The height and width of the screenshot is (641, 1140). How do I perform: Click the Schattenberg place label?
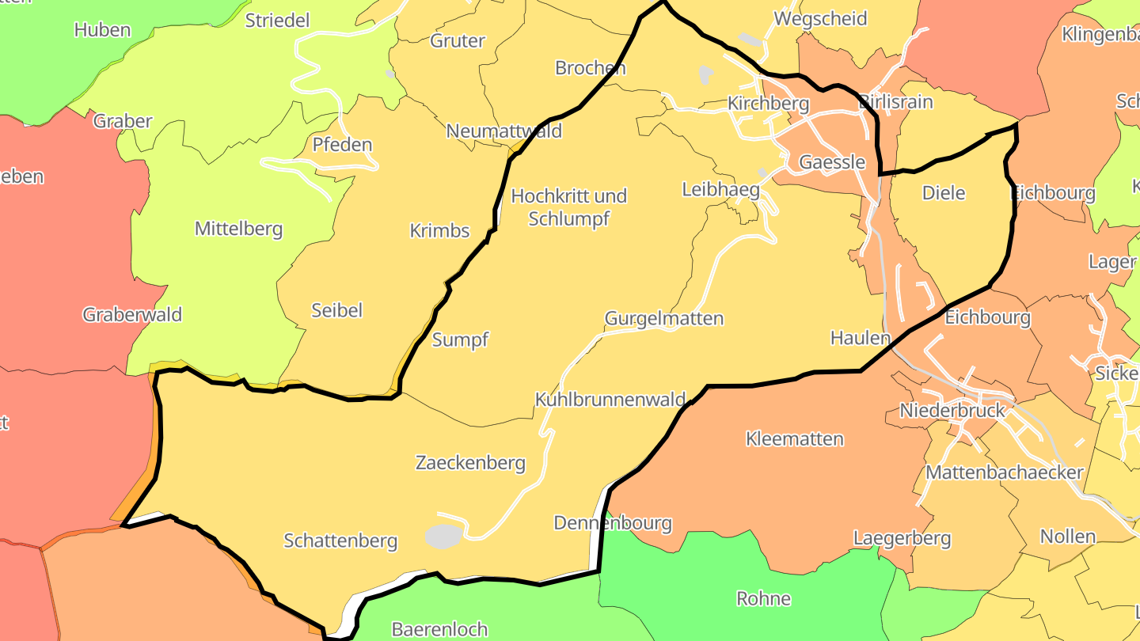[340, 541]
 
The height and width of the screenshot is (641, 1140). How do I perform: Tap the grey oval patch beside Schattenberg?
[443, 536]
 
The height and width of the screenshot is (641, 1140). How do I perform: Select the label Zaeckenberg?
[470, 463]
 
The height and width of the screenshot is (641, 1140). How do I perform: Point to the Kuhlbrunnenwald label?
[610, 400]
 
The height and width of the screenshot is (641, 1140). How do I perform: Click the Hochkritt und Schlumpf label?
[568, 207]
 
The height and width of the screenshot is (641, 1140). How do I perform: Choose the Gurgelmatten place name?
[663, 319]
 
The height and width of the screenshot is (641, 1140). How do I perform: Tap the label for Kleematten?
[794, 439]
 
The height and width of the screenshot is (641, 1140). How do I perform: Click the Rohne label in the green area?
[763, 598]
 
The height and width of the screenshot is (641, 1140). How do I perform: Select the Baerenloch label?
[439, 630]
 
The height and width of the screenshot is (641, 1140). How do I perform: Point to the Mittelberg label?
[238, 229]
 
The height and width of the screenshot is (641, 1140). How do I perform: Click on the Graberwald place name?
[132, 315]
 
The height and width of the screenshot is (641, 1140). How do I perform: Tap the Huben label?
[102, 30]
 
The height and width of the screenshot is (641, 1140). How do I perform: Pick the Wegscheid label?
[820, 18]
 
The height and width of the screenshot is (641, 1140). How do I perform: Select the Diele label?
[944, 193]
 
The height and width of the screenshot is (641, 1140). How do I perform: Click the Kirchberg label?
[768, 104]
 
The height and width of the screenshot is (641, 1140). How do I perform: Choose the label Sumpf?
[460, 340]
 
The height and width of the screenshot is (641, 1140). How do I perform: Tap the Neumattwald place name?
[503, 131]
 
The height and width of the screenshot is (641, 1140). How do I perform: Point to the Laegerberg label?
[901, 539]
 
